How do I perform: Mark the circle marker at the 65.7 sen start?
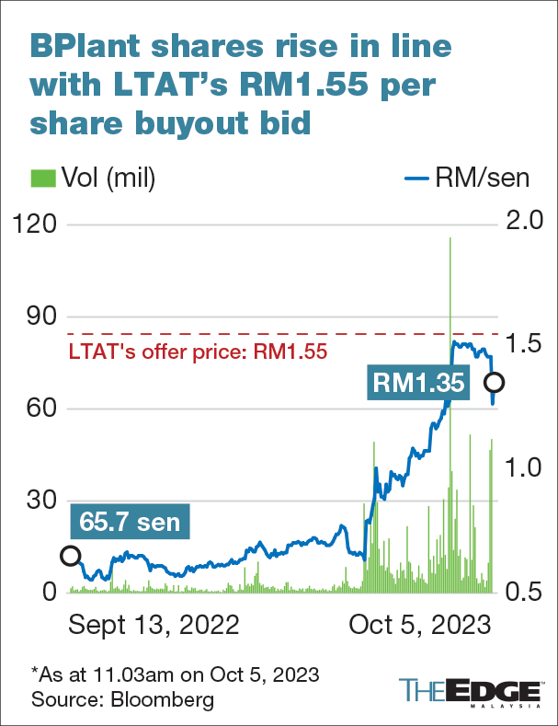[x=69, y=555]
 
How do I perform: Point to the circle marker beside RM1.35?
[x=495, y=382]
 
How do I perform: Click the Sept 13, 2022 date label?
[x=154, y=627]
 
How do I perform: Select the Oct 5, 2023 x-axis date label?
[x=419, y=627]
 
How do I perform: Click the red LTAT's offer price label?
[x=199, y=351]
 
